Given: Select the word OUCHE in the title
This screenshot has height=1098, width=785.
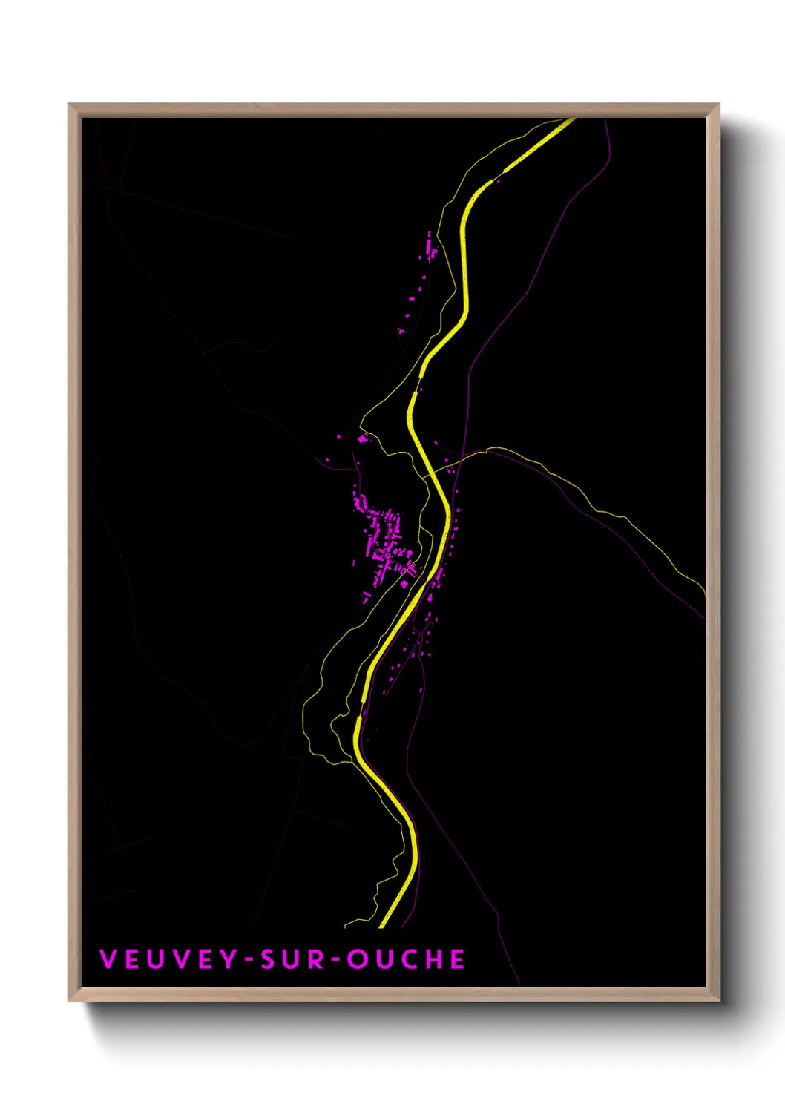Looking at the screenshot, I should (x=407, y=959).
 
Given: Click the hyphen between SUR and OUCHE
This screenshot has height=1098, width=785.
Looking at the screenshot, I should (x=335, y=960).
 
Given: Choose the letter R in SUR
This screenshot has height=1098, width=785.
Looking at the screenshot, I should (x=315, y=959).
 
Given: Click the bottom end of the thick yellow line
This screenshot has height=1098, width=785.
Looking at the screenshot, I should (x=383, y=924).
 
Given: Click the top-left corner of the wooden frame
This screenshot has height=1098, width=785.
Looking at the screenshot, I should (x=70, y=105).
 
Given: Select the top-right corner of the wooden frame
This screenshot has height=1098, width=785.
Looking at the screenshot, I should (x=718, y=105).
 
